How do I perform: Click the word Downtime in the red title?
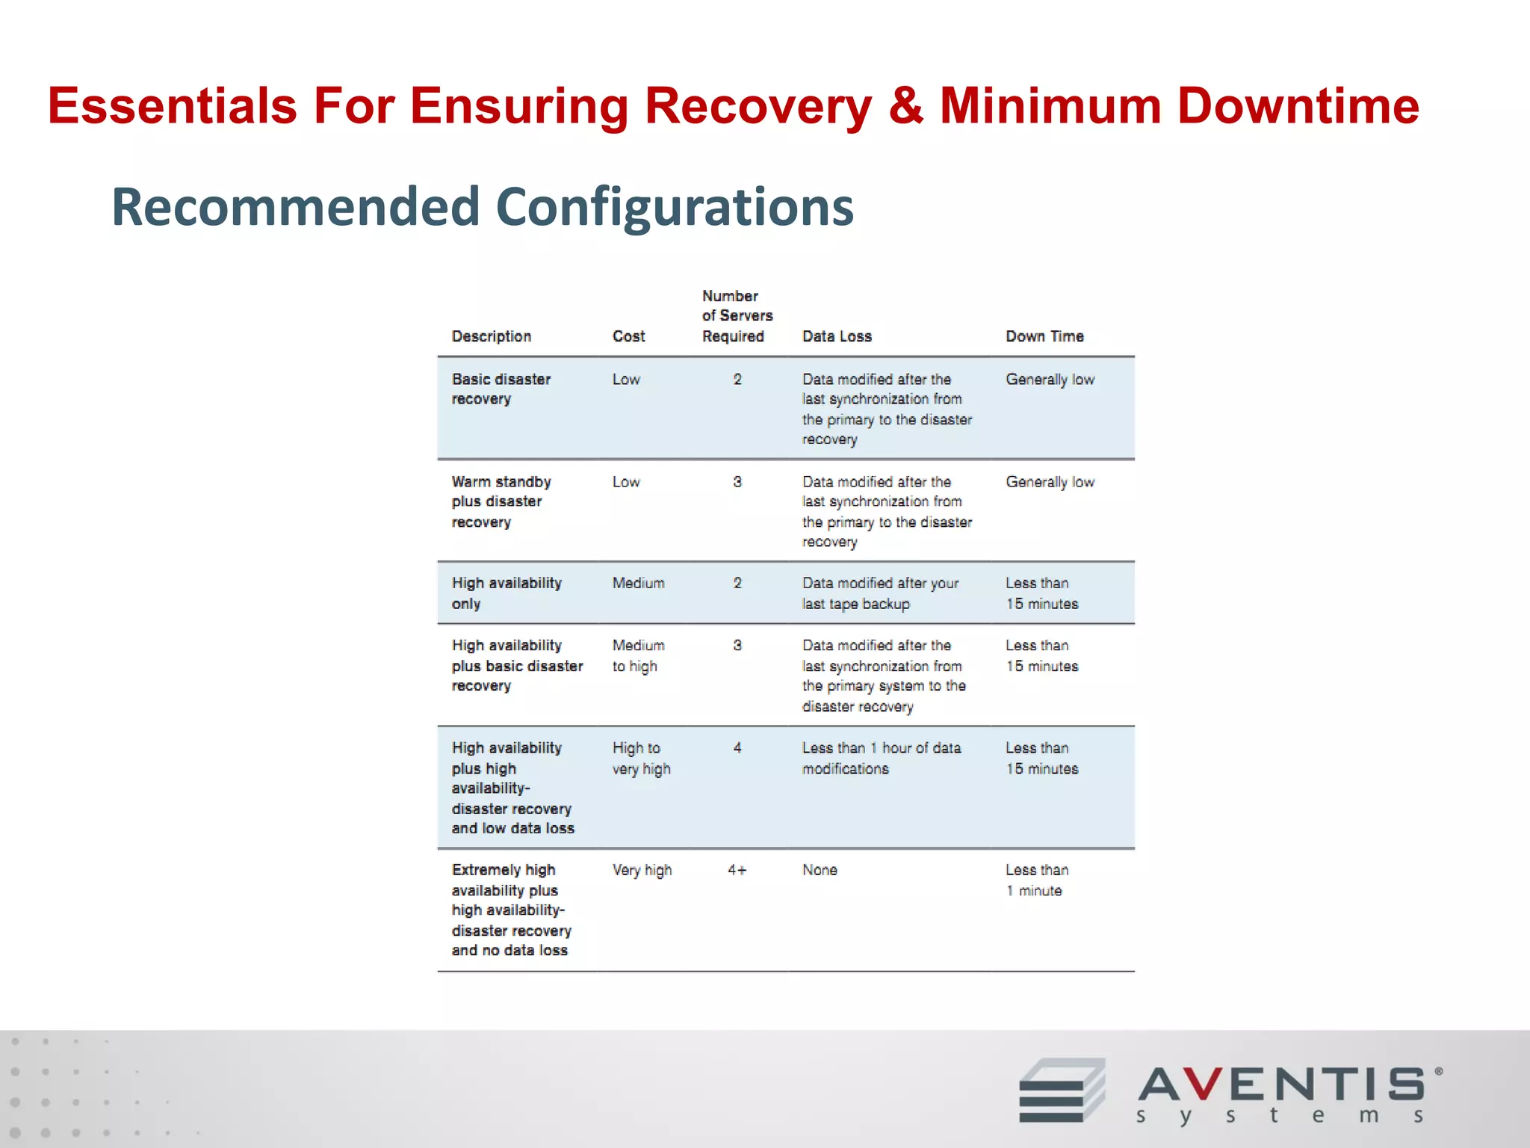[x=1298, y=105]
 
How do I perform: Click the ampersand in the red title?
[x=905, y=105]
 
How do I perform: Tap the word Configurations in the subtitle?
[x=675, y=207]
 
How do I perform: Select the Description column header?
[x=492, y=336]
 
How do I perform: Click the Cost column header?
[x=628, y=336]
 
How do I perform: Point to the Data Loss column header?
[x=837, y=336]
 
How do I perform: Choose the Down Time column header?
[x=1044, y=336]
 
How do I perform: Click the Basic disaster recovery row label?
[x=501, y=389]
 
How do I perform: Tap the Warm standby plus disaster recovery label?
[x=501, y=502]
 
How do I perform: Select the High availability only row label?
[x=506, y=593]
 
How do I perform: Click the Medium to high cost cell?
[x=638, y=655]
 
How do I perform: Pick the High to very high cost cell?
[x=641, y=758]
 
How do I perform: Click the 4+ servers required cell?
[x=737, y=870]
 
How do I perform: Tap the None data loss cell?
[x=820, y=870]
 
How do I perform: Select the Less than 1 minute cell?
[x=1036, y=880]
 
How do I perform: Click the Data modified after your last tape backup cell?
[x=880, y=593]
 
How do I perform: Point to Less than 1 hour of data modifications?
[x=882, y=758]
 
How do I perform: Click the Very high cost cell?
[x=642, y=870]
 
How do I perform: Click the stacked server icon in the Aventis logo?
[x=1061, y=1090]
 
